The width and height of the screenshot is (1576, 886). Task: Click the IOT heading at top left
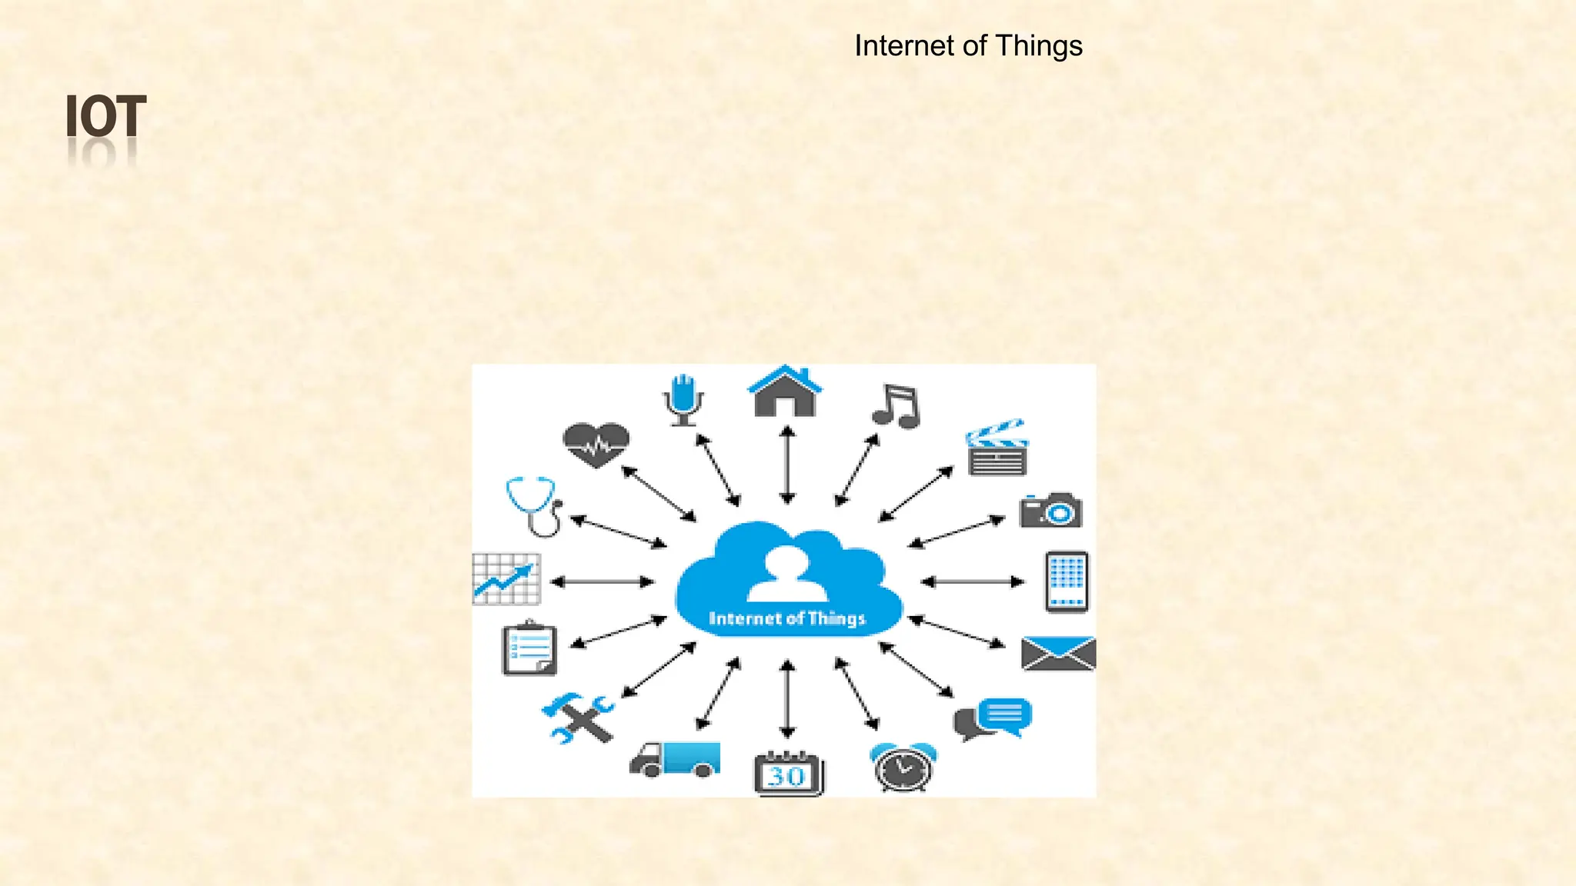point(105,117)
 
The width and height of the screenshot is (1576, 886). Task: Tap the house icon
point(784,391)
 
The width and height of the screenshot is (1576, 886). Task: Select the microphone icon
point(683,399)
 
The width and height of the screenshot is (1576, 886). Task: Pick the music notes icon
point(896,405)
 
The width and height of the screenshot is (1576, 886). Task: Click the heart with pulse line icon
point(596,445)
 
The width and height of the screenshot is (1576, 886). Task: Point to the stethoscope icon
point(534,505)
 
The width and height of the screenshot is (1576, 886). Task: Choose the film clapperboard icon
point(997,448)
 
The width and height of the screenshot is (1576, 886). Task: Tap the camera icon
point(1050,510)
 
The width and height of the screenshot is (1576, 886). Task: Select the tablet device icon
point(1067,581)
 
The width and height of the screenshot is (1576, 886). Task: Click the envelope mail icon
point(1058,654)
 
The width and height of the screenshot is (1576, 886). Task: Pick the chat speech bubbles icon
point(993,718)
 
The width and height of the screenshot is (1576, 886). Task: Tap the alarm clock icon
point(903,767)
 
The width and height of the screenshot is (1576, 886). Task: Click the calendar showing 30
point(788,773)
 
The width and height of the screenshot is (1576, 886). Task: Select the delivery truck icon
point(675,759)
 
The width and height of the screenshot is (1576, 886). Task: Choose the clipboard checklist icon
point(529,649)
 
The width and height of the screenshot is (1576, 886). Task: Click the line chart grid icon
point(506,579)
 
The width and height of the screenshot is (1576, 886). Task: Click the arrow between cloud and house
point(786,465)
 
